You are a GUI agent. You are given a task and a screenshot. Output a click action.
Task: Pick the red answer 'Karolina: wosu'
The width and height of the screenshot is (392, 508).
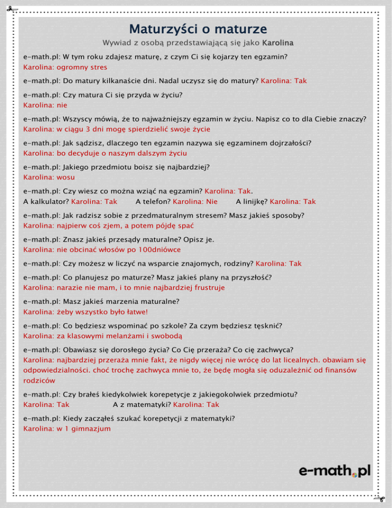pos(48,177)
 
